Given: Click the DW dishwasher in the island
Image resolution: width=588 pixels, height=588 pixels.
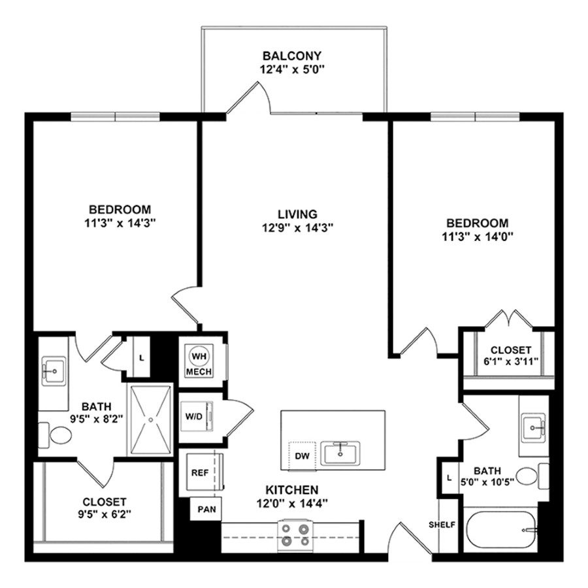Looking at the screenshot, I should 301,455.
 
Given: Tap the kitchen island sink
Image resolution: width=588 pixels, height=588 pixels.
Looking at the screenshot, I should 340,452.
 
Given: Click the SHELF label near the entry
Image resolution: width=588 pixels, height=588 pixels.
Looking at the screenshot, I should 442,525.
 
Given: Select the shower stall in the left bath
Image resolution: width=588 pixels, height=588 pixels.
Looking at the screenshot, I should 151,419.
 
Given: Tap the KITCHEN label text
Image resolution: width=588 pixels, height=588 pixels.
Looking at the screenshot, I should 291,489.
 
